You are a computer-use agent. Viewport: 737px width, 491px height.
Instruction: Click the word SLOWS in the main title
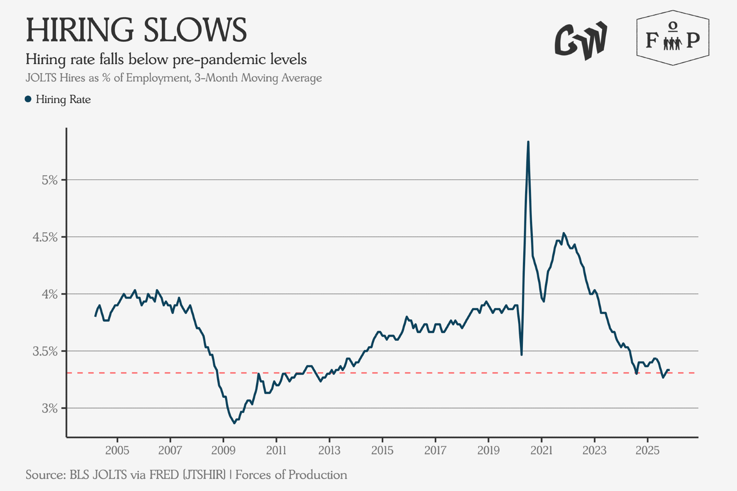[x=195, y=30]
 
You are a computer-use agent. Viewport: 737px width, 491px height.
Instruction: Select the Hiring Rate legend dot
[x=28, y=99]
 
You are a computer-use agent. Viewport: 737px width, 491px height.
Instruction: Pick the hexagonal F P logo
[x=673, y=38]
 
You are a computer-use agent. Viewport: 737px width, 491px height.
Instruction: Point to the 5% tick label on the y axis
[x=50, y=180]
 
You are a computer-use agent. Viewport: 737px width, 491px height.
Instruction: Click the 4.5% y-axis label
[x=45, y=237]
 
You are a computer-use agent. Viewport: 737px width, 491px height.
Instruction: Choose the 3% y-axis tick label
[x=50, y=408]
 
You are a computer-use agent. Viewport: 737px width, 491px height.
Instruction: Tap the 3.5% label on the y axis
[x=45, y=351]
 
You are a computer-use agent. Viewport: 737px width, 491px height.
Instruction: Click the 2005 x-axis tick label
[x=117, y=450]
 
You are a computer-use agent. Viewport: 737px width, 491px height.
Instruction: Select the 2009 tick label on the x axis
[x=223, y=450]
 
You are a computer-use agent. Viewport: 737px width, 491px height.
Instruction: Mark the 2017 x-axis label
[x=435, y=450]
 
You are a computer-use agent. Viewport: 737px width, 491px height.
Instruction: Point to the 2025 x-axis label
[x=647, y=450]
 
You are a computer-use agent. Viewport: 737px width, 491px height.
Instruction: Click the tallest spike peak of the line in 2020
[x=528, y=142]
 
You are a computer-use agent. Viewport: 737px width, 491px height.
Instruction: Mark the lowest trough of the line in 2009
[x=234, y=423]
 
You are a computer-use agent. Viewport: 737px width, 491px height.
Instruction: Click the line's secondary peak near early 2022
[x=563, y=233]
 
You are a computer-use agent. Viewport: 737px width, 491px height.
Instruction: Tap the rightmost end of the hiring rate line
[x=669, y=370]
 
